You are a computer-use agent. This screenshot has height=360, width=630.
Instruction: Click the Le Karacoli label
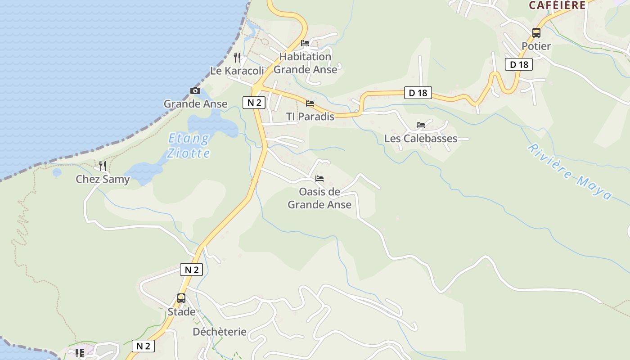237,71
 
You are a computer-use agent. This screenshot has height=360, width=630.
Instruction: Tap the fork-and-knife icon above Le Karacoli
237,58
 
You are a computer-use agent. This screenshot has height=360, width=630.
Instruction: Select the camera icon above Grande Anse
195,91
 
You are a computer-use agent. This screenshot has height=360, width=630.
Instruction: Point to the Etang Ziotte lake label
189,146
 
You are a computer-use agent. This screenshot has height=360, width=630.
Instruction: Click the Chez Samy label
103,179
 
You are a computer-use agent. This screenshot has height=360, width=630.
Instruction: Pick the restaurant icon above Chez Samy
103,166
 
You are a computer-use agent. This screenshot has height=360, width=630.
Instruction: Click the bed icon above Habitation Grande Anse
305,43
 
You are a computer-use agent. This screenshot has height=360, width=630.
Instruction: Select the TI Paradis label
310,117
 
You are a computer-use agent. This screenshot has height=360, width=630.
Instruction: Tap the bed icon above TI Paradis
310,103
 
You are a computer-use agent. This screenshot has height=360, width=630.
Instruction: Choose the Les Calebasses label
421,138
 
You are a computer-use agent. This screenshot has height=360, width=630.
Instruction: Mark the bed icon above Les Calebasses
421,125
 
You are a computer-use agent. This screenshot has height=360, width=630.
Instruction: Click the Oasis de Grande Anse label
319,198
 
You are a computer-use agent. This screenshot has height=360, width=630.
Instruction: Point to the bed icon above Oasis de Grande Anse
319,179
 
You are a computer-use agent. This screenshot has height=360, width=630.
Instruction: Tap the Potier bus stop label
536,46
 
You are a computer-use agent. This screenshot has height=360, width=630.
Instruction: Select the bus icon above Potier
536,32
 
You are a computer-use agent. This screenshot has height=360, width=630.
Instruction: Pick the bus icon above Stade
181,298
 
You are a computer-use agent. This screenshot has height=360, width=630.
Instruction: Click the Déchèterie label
220,332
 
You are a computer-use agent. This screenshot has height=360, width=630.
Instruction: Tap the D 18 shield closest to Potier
518,65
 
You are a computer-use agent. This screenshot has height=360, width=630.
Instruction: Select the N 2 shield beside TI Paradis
254,103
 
